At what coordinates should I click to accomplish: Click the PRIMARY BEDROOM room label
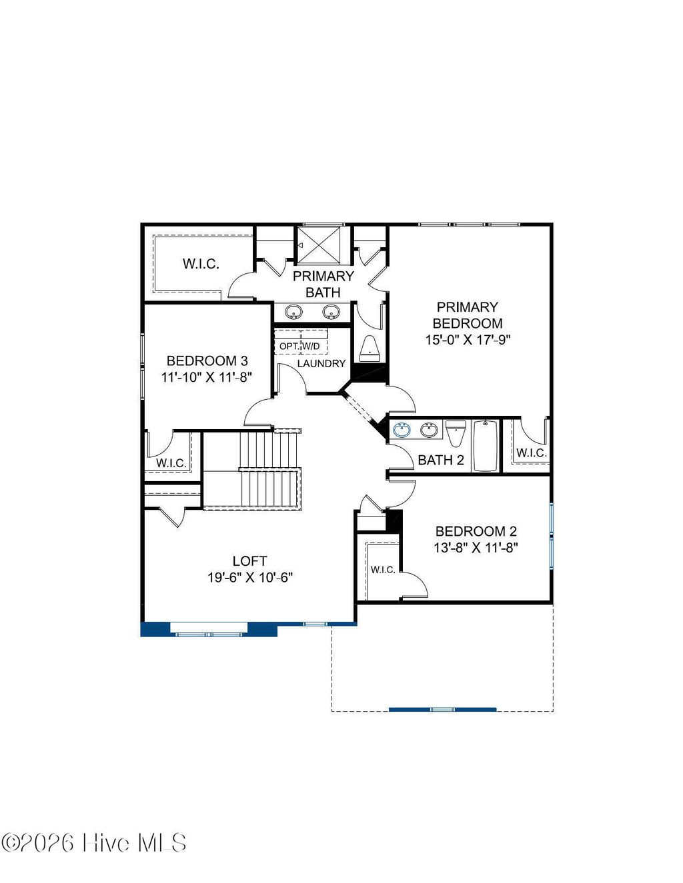click(467, 315)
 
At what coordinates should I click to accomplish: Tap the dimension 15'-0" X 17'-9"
click(468, 340)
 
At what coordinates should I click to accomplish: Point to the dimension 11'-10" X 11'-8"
click(207, 377)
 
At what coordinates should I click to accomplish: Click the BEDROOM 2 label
click(476, 531)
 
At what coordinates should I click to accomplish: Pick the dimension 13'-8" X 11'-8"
click(476, 548)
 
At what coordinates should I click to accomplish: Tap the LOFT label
click(249, 561)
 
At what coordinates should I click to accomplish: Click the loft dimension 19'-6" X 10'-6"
click(250, 578)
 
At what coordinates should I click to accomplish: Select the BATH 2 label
click(440, 460)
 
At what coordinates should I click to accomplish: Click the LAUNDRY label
click(321, 363)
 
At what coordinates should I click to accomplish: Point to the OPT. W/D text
click(299, 347)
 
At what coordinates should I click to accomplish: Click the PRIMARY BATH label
click(323, 284)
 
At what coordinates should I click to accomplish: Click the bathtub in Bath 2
click(485, 446)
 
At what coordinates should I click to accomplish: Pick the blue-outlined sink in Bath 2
click(402, 431)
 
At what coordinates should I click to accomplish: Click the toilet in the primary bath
click(370, 348)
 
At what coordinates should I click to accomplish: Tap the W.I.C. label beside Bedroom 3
click(171, 462)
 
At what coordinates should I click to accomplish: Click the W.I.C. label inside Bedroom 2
click(383, 569)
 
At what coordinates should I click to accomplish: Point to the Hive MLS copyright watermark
click(94, 843)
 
